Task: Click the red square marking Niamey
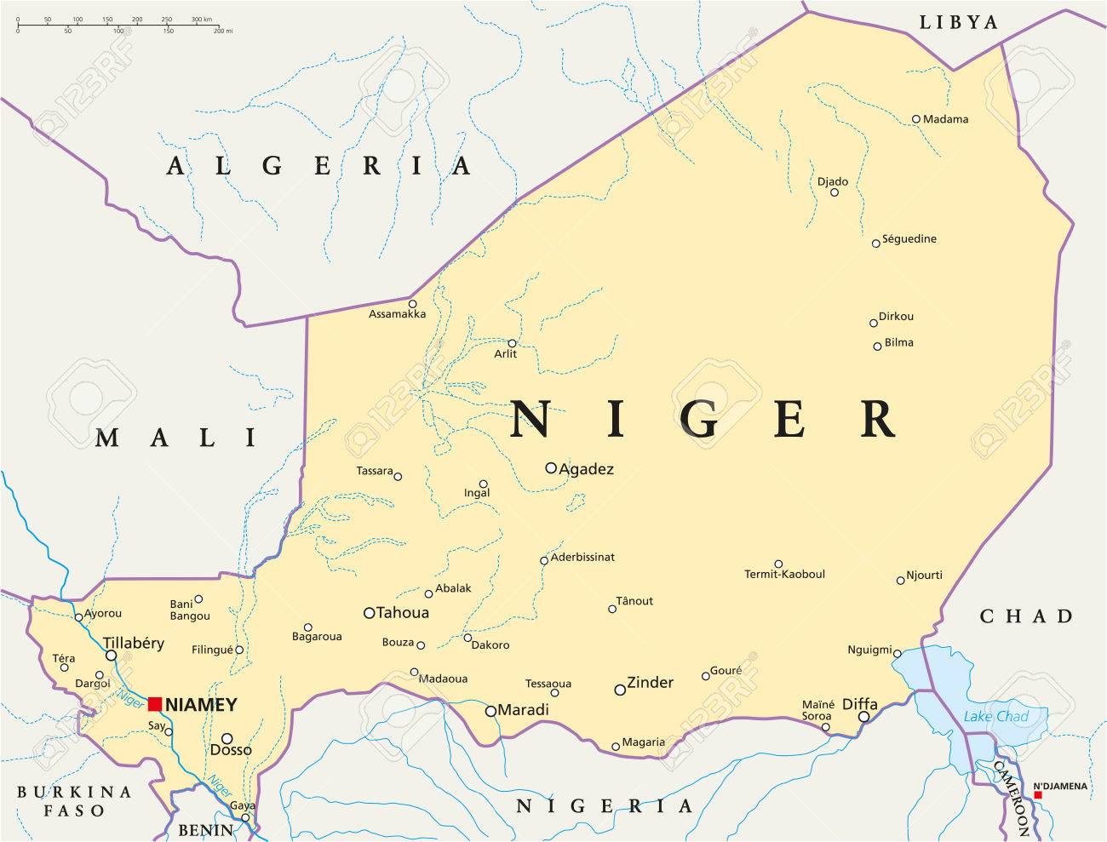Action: (x=155, y=703)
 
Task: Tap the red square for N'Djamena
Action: (x=1037, y=795)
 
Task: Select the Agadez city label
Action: (x=586, y=469)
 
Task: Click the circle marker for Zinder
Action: (x=620, y=690)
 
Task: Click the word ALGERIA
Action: (x=318, y=165)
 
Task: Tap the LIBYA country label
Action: (x=958, y=22)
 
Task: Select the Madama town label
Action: (x=945, y=119)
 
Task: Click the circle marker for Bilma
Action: (x=877, y=346)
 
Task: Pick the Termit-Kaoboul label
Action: (x=785, y=575)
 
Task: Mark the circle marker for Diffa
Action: (x=863, y=717)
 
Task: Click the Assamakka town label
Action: (x=397, y=314)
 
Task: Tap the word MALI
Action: (x=176, y=438)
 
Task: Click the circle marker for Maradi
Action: (x=490, y=711)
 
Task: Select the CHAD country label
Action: (x=1026, y=616)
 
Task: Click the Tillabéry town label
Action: (x=133, y=644)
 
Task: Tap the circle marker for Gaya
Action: (x=245, y=818)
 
